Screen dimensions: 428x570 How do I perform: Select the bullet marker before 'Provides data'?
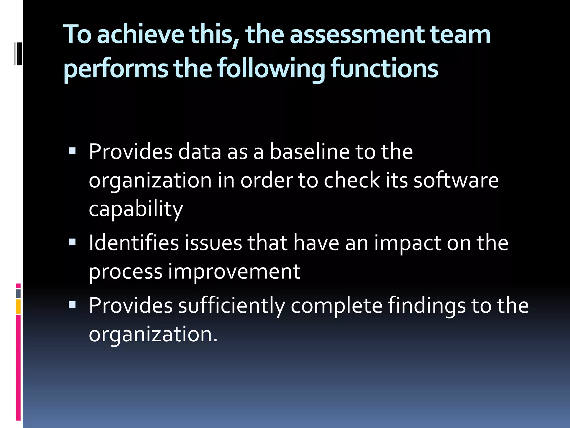[x=72, y=151]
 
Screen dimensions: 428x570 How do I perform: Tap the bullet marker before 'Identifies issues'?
[x=72, y=242]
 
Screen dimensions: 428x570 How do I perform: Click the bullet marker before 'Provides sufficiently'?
[x=72, y=305]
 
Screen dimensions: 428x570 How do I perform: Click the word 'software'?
[x=456, y=180]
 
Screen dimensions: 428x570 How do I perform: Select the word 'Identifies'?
[x=134, y=243]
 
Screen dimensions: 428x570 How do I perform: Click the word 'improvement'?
[x=234, y=272]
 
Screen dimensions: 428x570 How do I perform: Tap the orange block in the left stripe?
[x=18, y=307]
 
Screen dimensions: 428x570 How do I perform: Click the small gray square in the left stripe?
[x=18, y=294]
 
